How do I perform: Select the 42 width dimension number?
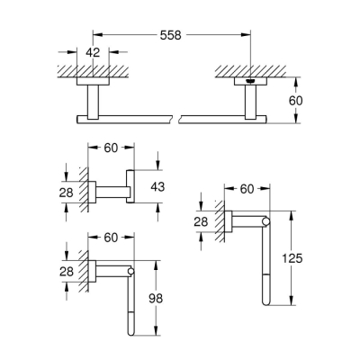92,52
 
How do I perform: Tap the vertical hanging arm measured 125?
265,261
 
